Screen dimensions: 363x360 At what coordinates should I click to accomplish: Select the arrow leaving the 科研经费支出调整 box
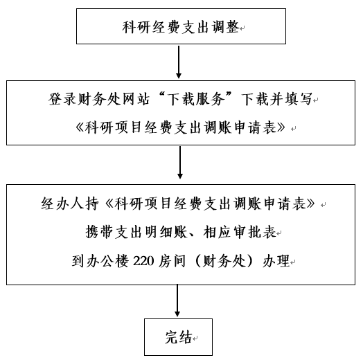click(x=179, y=62)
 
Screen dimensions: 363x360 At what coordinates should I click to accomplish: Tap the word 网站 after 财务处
click(x=136, y=100)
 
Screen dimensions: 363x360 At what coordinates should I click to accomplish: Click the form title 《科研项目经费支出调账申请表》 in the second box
click(x=181, y=127)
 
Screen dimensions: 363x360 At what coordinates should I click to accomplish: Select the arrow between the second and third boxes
click(x=180, y=163)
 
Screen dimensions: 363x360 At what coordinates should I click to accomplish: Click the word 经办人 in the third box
click(x=63, y=204)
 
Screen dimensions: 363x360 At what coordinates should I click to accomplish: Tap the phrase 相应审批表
click(x=240, y=232)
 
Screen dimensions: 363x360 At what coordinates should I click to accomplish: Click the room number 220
click(x=143, y=261)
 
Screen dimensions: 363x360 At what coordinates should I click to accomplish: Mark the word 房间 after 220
click(x=172, y=261)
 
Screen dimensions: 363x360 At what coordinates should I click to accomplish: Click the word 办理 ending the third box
click(x=276, y=261)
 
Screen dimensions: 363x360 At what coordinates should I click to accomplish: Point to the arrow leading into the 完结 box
click(x=177, y=300)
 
